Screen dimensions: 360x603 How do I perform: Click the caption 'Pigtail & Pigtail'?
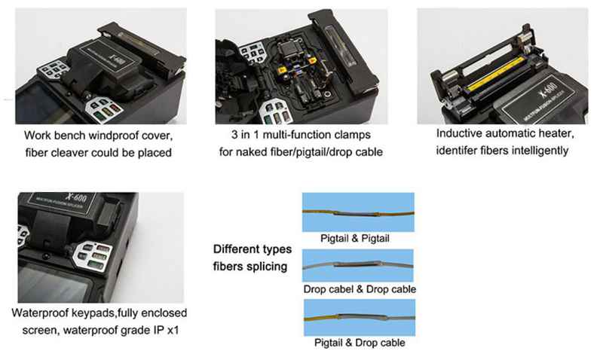(357, 237)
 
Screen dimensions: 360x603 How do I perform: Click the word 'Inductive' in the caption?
(462, 133)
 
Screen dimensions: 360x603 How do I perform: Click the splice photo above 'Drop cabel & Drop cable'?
(358, 265)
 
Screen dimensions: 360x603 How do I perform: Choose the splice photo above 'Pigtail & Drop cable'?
(358, 318)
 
